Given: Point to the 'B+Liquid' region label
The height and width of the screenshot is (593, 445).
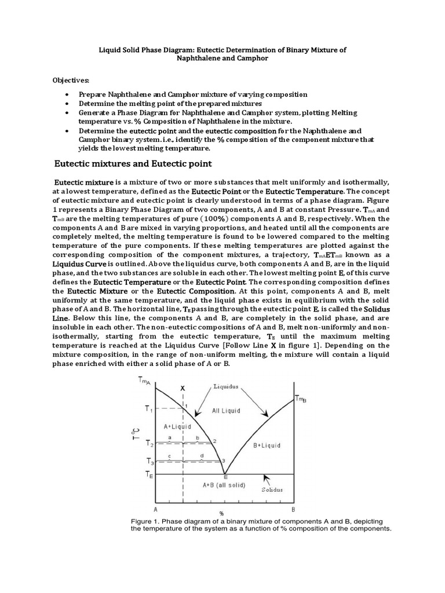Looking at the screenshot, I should (x=267, y=445).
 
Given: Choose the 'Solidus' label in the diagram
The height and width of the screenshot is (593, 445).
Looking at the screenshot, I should (x=271, y=490).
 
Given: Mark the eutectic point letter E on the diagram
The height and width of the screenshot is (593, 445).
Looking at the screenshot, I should (x=225, y=476).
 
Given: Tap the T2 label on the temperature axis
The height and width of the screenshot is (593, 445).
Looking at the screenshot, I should (x=149, y=444).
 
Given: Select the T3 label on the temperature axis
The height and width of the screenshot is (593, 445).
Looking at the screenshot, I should (x=149, y=462).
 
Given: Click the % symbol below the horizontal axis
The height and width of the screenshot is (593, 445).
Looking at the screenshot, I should (x=222, y=513).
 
